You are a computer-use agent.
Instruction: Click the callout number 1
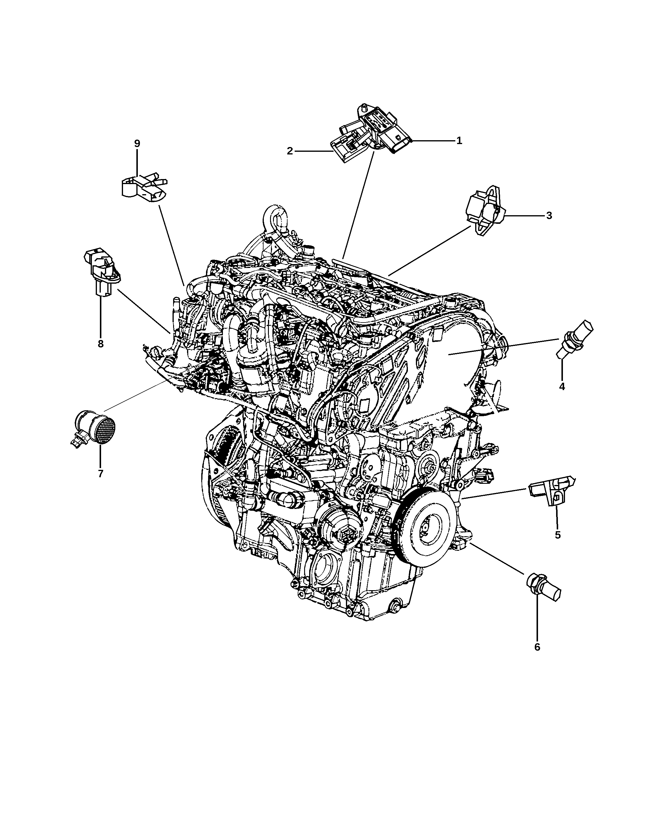pos(459,141)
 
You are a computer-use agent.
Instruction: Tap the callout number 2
pos(290,151)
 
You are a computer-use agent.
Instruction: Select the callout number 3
pos(549,216)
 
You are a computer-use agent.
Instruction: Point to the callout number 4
pos(562,387)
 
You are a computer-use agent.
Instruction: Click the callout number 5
pos(557,535)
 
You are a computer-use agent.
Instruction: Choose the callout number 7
pos(100,473)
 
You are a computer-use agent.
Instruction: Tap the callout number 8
pos(100,344)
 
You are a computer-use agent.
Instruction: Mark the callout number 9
pos(137,143)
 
